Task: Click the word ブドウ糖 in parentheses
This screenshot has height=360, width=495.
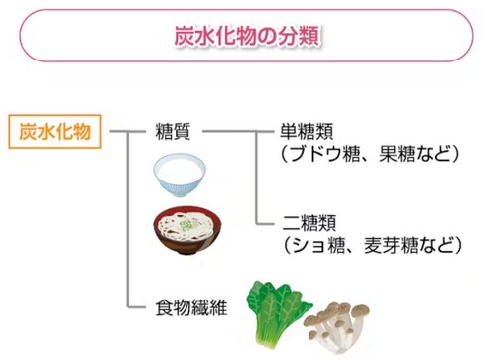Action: click(332, 154)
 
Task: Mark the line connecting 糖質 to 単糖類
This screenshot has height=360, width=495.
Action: click(238, 130)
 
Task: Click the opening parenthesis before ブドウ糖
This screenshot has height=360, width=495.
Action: click(286, 154)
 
